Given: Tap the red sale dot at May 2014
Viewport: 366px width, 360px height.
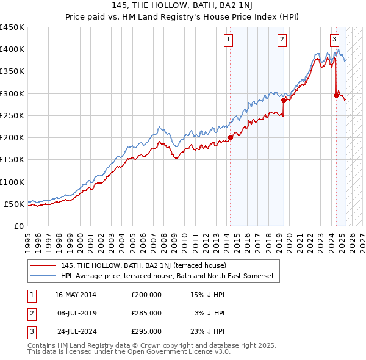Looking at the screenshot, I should click(230, 137).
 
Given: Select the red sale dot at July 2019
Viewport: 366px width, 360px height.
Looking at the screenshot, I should click(284, 100).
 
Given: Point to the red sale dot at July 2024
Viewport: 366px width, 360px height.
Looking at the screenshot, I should click(336, 95).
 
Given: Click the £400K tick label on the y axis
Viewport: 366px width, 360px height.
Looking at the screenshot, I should click(13, 49).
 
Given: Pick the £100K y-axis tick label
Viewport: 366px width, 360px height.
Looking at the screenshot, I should click(13, 182).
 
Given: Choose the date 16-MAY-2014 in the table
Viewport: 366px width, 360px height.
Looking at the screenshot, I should click(75, 295).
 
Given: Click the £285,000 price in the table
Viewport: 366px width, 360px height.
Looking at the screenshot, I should click(146, 313).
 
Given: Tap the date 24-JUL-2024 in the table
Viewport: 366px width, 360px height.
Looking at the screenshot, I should click(75, 331).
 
